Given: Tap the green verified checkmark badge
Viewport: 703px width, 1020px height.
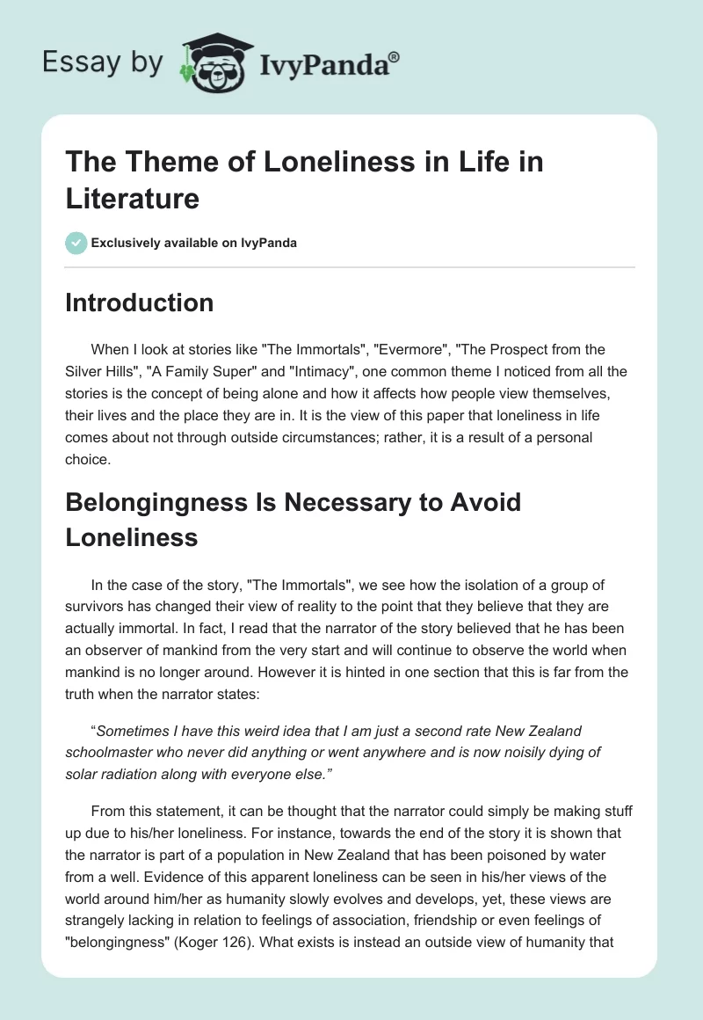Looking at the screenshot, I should coord(76,243).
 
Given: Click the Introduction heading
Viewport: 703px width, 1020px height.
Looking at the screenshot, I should coord(139,302).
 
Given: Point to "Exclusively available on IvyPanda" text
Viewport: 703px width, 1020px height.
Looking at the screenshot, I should coord(195,243).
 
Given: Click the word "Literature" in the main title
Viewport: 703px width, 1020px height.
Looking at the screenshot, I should coord(132,198).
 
